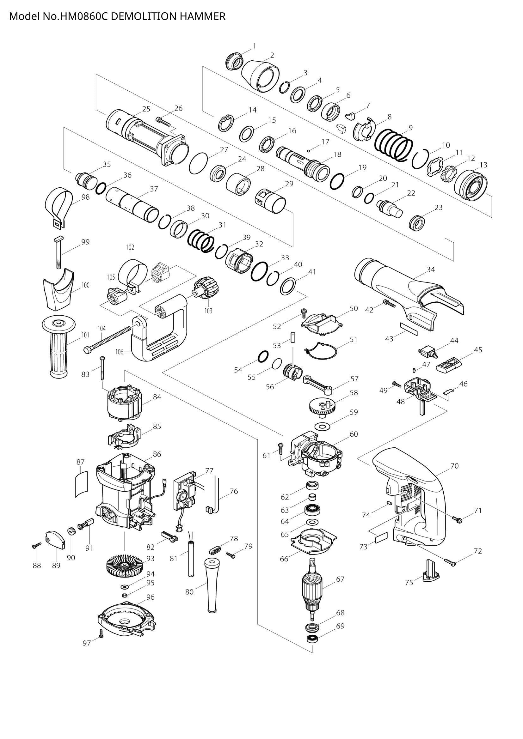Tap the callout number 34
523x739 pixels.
[431, 270]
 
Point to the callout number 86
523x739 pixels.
[157, 454]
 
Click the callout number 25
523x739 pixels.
[146, 109]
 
